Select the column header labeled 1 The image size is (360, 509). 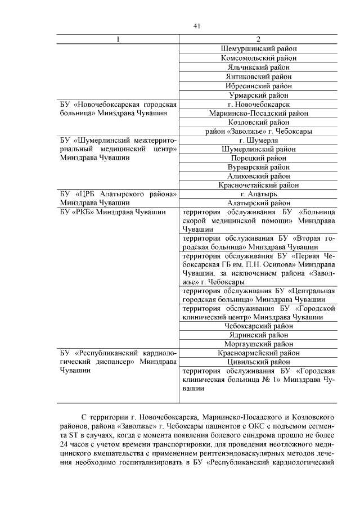tap(118, 39)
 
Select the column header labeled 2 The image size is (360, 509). tap(258, 39)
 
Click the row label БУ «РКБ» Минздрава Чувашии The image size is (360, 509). tap(112, 213)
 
